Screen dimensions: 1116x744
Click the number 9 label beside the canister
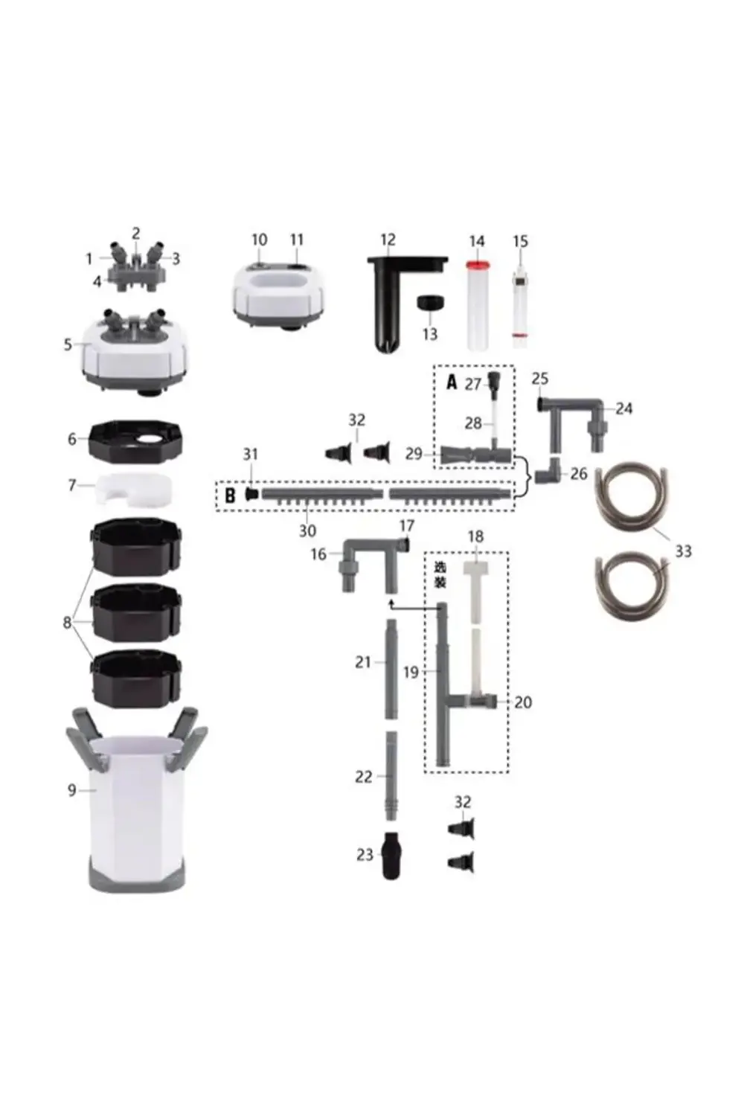pyautogui.click(x=71, y=790)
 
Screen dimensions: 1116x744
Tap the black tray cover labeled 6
pyautogui.click(x=135, y=442)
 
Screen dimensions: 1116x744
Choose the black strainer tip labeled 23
pyautogui.click(x=391, y=856)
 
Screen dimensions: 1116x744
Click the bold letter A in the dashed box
pyautogui.click(x=452, y=382)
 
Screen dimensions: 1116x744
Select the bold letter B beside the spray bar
pyautogui.click(x=230, y=496)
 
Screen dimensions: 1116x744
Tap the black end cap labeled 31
pyautogui.click(x=251, y=494)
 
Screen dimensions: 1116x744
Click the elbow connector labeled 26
pyautogui.click(x=548, y=472)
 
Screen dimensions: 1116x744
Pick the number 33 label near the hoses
pyautogui.click(x=682, y=551)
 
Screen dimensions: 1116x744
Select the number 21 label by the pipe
pyautogui.click(x=362, y=662)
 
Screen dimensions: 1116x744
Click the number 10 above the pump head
pyautogui.click(x=259, y=240)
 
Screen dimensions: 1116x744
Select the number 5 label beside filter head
pyautogui.click(x=68, y=344)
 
